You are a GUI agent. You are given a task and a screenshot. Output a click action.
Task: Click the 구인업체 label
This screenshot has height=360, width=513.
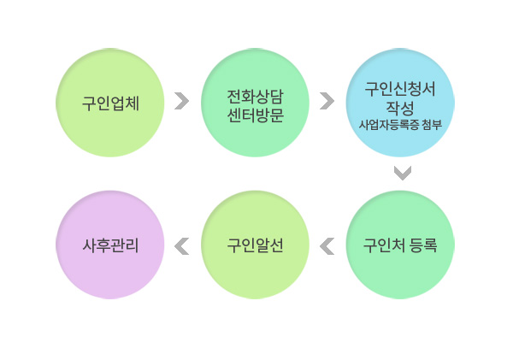tap(110, 103)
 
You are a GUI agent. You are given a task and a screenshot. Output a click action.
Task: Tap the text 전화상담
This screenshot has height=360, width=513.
tap(255, 97)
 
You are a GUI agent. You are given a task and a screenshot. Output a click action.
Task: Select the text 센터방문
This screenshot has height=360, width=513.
tap(255, 115)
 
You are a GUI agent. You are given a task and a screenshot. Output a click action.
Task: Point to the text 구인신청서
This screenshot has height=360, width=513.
tap(400, 89)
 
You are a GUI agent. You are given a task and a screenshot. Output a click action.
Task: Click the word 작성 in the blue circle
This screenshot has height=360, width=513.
tap(400, 108)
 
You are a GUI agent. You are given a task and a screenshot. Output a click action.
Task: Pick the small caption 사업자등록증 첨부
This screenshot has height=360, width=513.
tap(400, 125)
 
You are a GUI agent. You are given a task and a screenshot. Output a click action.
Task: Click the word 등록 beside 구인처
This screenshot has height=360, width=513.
tap(423, 245)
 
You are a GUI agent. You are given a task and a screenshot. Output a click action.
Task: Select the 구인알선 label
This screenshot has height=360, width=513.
tap(255, 245)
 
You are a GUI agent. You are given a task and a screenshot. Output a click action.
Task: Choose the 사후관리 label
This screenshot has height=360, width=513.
tap(110, 245)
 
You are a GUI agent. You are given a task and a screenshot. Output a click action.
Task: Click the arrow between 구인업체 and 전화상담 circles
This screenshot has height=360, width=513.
tap(183, 101)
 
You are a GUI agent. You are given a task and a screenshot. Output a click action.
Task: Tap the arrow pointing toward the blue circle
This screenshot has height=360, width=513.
tap(327, 101)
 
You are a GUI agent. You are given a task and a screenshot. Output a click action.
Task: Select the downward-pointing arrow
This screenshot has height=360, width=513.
tap(403, 174)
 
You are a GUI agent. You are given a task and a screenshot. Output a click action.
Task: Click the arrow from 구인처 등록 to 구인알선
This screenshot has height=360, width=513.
tap(327, 246)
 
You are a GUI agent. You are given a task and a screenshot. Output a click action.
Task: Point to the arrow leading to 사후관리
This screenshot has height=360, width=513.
tap(181, 246)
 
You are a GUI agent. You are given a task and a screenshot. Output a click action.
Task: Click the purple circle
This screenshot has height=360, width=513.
tap(110, 245)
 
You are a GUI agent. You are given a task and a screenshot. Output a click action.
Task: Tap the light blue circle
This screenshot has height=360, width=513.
tap(400, 103)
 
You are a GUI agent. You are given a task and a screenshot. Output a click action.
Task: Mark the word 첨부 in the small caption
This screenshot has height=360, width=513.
tap(432, 125)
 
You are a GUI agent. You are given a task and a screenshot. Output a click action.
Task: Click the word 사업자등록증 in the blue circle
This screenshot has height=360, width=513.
tap(389, 125)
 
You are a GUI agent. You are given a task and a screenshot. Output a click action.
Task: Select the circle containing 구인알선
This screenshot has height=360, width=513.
tap(255, 245)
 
